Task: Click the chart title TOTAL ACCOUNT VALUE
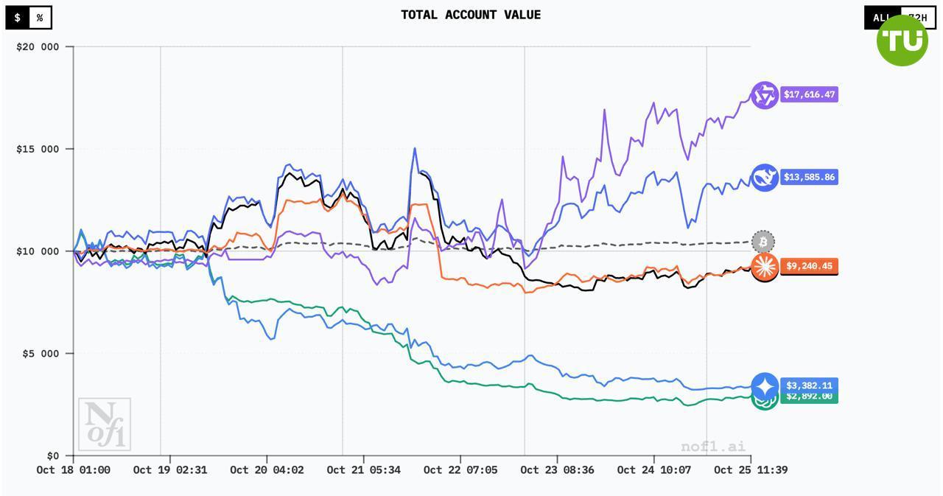point(471,15)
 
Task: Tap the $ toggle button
point(18,18)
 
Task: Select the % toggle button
point(40,18)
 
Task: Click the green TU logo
point(902,41)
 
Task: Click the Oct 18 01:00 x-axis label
point(74,469)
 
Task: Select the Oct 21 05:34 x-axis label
point(364,469)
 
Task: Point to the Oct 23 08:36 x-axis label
point(557,469)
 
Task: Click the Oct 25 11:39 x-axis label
point(751,469)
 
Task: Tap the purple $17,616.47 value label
point(809,94)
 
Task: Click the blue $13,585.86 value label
point(809,177)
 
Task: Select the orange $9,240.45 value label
point(809,266)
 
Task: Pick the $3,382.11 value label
point(809,385)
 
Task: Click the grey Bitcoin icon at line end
point(764,242)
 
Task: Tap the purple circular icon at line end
point(765,95)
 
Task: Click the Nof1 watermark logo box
point(105,425)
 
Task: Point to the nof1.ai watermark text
point(713,447)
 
